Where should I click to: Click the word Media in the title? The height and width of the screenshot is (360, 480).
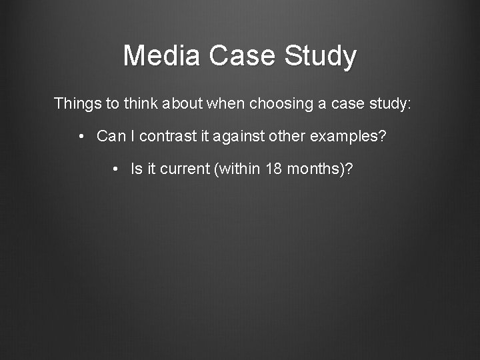pos(162,55)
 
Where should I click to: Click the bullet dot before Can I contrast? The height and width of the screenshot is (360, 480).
pos(80,137)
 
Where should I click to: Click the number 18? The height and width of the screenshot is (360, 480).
pos(273,169)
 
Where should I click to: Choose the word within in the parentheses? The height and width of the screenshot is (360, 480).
pos(238,169)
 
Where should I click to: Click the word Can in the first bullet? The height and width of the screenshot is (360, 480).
pos(111,136)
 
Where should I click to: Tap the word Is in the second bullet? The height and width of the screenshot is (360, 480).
pos(137,169)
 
